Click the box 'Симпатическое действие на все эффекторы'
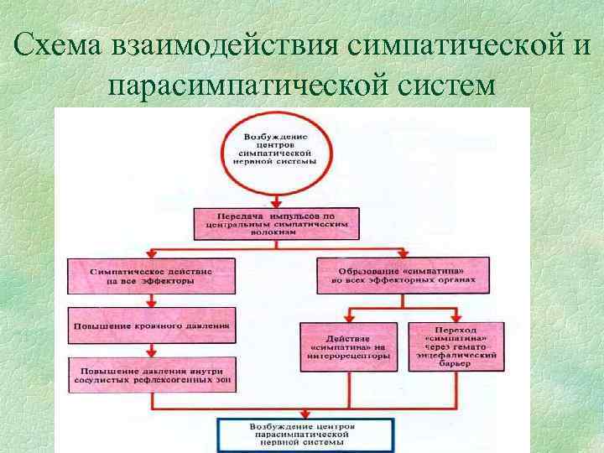152,277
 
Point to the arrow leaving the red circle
275,196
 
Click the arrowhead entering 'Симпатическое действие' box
151,255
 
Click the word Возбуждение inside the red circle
275,136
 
